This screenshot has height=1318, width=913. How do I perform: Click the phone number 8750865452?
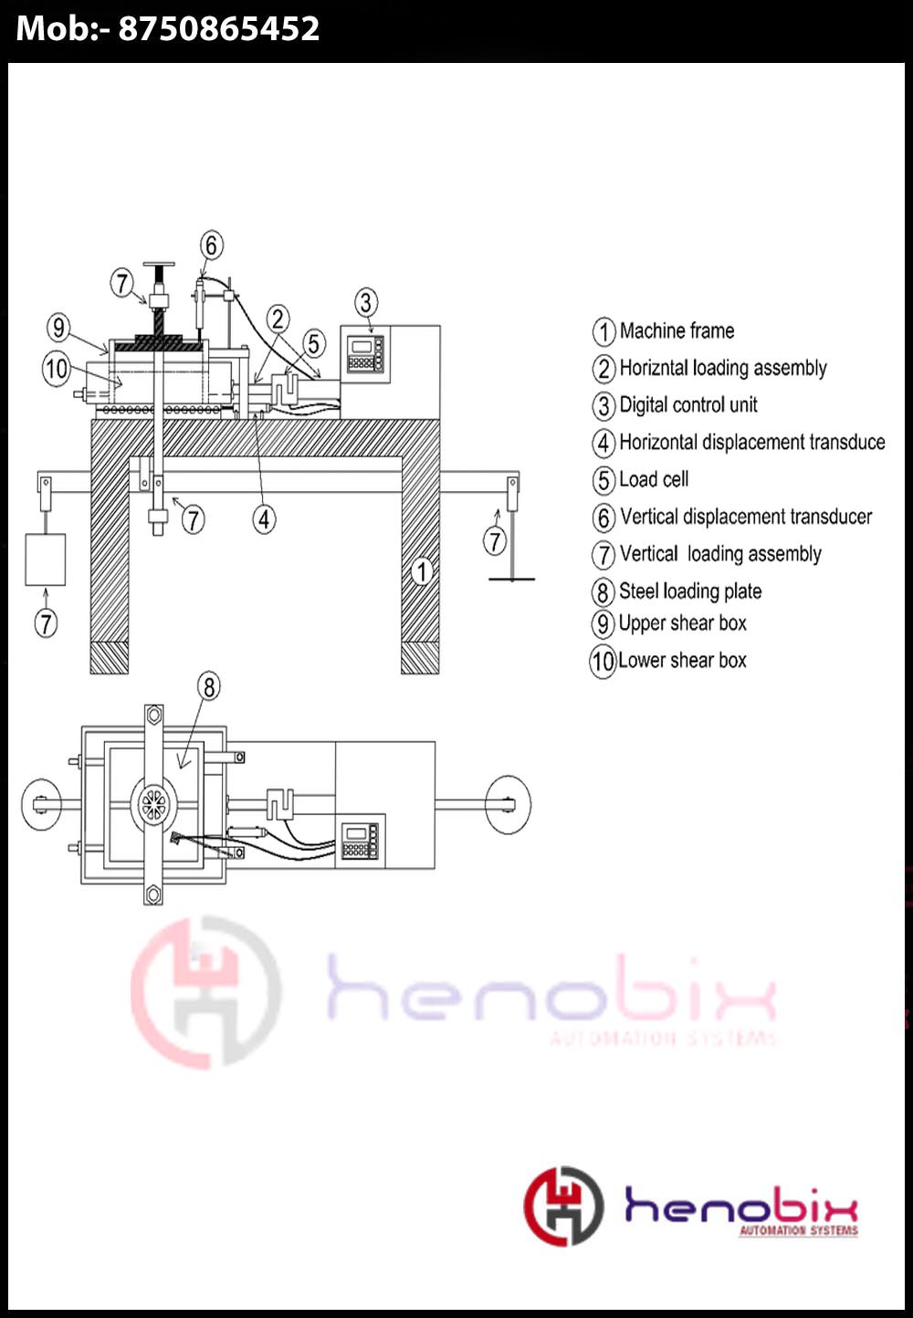click(x=218, y=29)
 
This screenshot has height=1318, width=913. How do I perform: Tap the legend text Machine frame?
click(x=677, y=330)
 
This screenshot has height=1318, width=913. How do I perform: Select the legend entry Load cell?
click(x=654, y=479)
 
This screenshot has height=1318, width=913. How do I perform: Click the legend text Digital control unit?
click(x=688, y=404)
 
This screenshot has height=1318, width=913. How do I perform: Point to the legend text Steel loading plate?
click(x=690, y=591)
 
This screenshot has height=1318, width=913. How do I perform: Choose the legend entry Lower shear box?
click(x=682, y=660)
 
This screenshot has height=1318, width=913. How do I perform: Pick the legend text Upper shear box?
click(x=683, y=623)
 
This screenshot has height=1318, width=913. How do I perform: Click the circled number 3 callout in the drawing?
click(x=366, y=303)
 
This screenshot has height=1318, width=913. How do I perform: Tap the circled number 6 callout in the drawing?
click(x=211, y=246)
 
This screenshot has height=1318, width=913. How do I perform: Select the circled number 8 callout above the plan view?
click(x=209, y=686)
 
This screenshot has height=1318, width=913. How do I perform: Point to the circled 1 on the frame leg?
click(x=421, y=572)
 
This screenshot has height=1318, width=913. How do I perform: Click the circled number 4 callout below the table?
click(x=264, y=519)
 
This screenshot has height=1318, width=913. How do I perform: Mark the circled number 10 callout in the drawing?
click(x=57, y=369)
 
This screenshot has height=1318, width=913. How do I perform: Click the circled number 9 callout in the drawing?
click(x=58, y=328)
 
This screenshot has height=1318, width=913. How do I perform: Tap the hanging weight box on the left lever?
click(x=45, y=560)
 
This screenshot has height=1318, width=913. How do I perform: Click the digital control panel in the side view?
click(x=365, y=354)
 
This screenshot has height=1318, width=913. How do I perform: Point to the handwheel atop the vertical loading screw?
click(x=160, y=266)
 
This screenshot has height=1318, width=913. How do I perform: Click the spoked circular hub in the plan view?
click(x=152, y=805)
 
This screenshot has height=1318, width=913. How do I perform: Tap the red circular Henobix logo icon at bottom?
click(x=563, y=1206)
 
